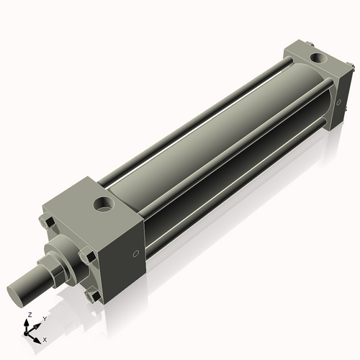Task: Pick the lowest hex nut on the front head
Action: [x=91, y=295]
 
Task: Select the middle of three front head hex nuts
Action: [x=86, y=256]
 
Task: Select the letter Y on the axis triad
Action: [x=44, y=318]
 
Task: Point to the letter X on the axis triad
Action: [x=45, y=338]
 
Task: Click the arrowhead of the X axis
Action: [x=37, y=336]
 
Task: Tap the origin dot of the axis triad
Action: [x=27, y=333]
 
